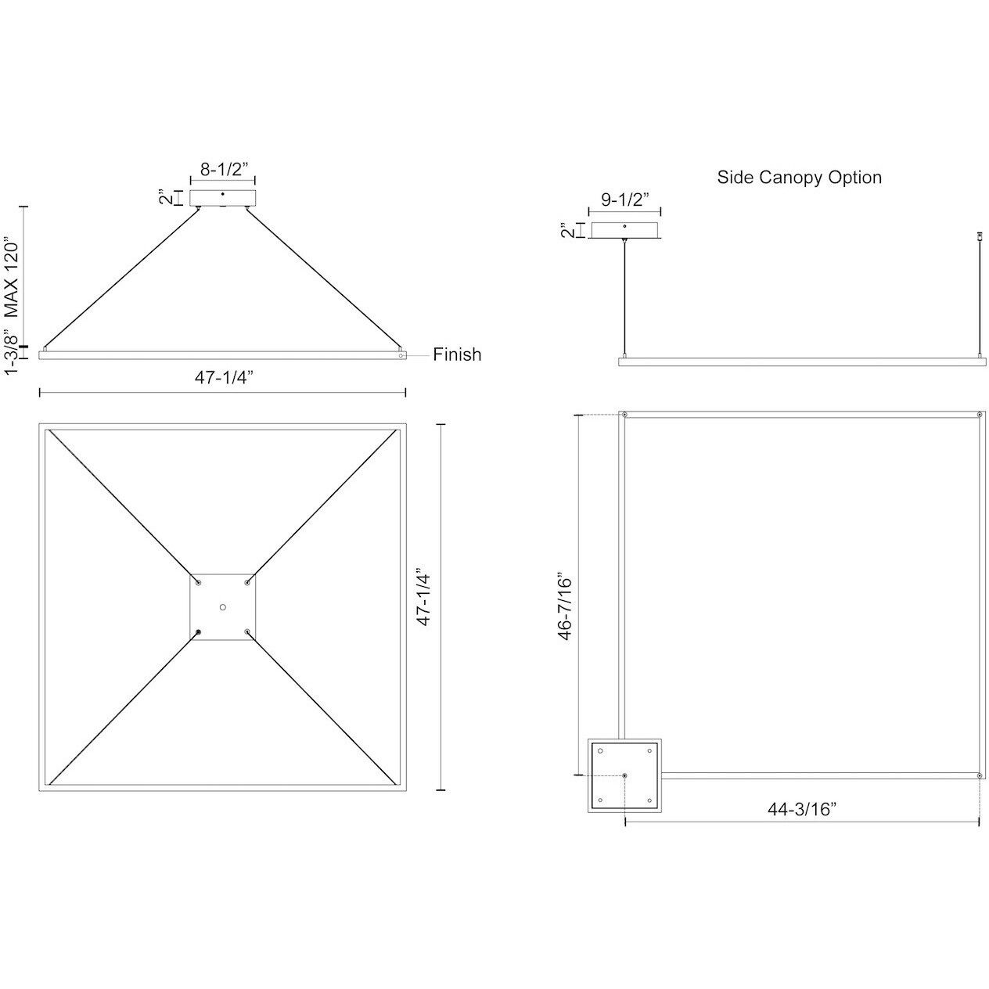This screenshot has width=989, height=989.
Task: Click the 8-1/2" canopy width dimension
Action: (223, 168)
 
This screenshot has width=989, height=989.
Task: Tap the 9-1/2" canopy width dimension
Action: (625, 199)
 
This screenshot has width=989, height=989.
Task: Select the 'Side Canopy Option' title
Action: (799, 178)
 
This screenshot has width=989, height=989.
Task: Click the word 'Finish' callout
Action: (458, 354)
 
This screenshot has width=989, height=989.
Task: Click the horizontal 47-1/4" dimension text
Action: (223, 377)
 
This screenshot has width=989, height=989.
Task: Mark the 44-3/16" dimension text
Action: (802, 809)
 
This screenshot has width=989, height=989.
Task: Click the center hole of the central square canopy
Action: (223, 607)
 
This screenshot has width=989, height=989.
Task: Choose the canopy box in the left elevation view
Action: (223, 198)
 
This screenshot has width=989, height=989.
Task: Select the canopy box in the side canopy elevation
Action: (624, 230)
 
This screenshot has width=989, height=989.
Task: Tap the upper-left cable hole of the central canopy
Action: (199, 583)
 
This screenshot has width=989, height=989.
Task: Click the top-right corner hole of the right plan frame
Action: (979, 414)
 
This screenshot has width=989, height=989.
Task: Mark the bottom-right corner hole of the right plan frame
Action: (979, 775)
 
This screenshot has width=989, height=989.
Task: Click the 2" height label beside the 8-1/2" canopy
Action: (162, 197)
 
